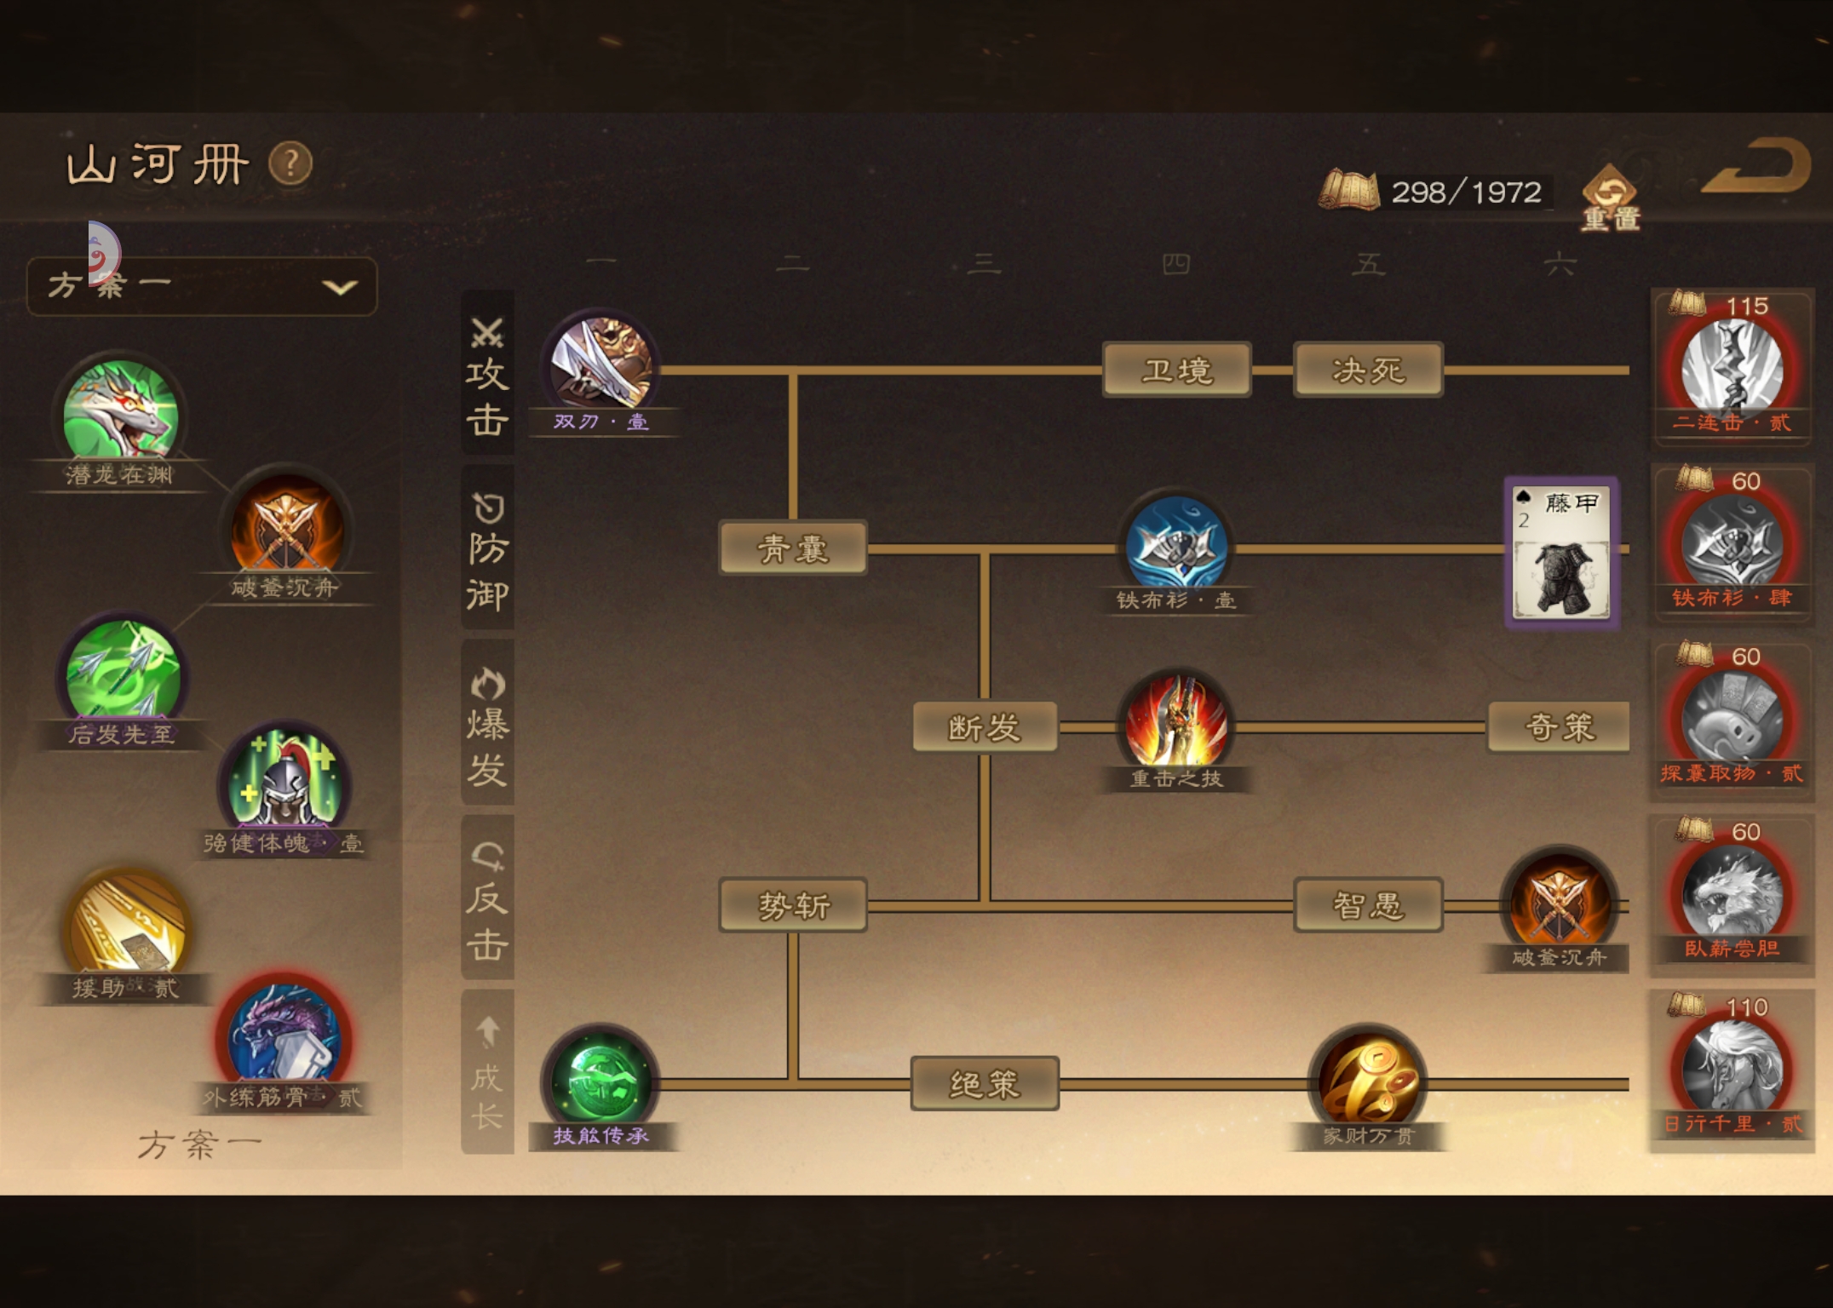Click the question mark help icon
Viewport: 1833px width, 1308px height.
(290, 163)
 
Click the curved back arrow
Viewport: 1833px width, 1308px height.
(1756, 167)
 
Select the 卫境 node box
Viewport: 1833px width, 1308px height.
(1176, 370)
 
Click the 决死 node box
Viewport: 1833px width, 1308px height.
(1367, 370)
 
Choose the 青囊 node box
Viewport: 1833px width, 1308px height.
(793, 548)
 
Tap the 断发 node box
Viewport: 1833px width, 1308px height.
(985, 727)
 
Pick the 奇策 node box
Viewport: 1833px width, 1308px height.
(1559, 727)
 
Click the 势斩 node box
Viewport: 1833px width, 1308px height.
(793, 905)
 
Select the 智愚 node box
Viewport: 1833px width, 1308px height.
(1367, 905)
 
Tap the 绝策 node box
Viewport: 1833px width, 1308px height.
(985, 1084)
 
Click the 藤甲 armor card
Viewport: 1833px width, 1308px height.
(1561, 552)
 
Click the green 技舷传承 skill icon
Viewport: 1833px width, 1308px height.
(601, 1080)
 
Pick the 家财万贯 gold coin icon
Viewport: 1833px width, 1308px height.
(1368, 1080)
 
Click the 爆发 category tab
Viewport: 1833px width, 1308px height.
(487, 724)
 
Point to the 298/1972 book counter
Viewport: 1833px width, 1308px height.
(1435, 192)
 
